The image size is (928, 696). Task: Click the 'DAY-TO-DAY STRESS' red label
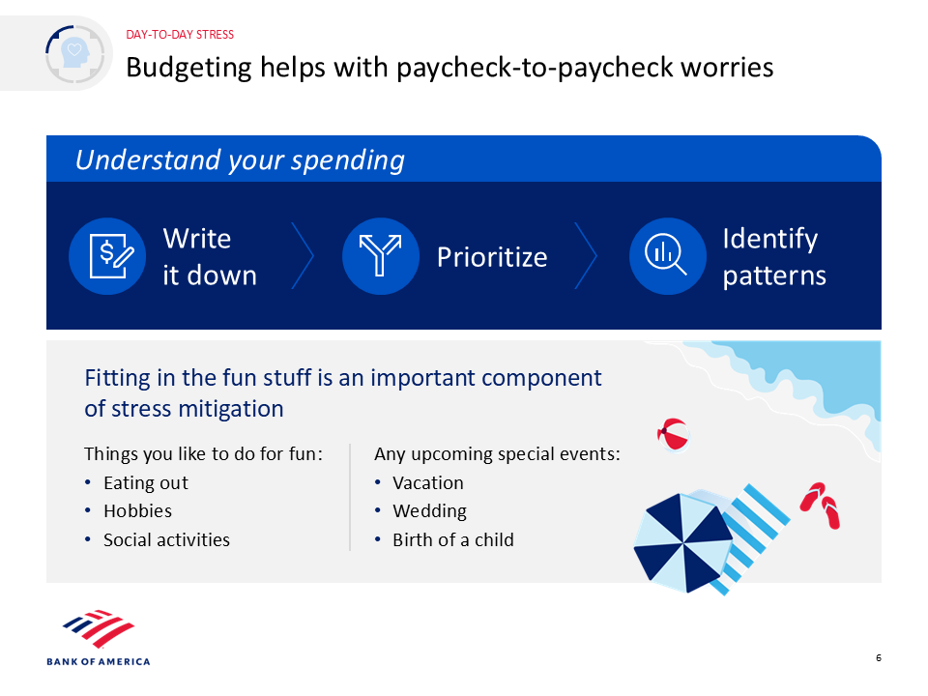tap(180, 35)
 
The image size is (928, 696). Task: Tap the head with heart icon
tap(75, 54)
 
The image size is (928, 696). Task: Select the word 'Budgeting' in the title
tap(188, 68)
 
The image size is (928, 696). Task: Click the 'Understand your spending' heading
tap(240, 159)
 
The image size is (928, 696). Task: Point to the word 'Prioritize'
tap(492, 257)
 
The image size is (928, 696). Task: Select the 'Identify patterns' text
tap(774, 257)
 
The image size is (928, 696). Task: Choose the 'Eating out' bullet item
tap(146, 483)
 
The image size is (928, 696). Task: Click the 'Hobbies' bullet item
tap(138, 510)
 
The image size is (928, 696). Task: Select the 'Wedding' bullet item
tap(429, 510)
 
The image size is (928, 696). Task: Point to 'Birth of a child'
tap(453, 539)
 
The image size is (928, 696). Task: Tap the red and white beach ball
tap(674, 434)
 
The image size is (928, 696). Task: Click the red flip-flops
tap(821, 505)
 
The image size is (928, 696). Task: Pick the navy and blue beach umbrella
tap(683, 542)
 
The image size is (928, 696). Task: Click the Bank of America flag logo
tap(99, 628)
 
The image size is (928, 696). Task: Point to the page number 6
tap(879, 658)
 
